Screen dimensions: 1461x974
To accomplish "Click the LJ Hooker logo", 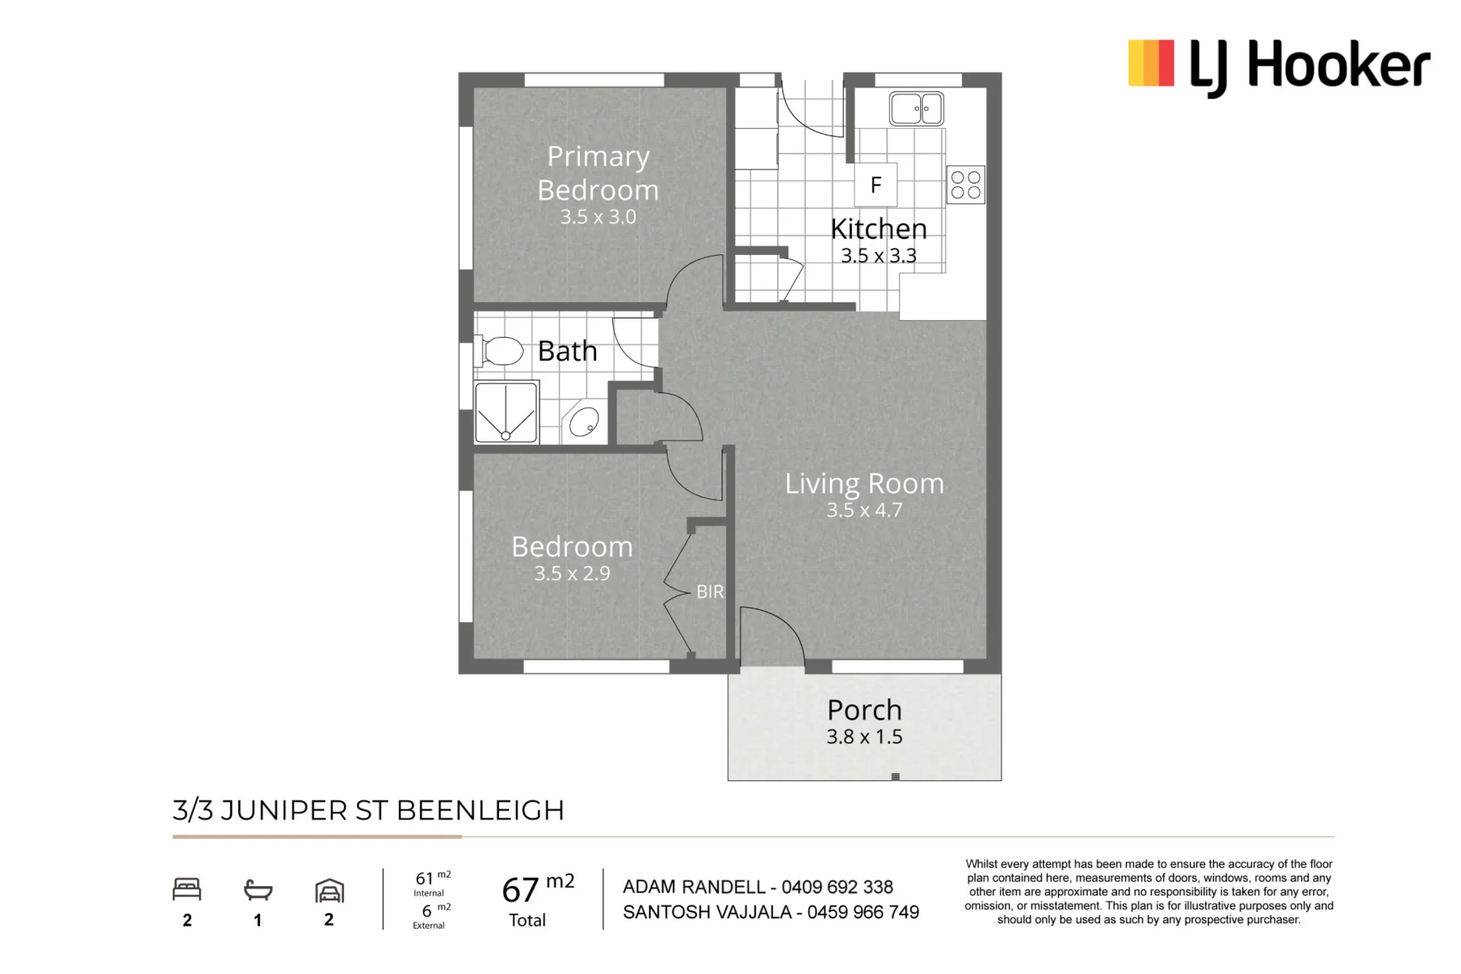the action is [1279, 66].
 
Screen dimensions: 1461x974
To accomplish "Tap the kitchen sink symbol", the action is [916, 109].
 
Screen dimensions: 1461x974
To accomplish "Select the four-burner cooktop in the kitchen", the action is [966, 185].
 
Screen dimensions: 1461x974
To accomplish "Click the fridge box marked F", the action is [876, 185].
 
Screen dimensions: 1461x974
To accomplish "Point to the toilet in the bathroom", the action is [498, 351].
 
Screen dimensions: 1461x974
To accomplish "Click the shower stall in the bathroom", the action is [506, 412].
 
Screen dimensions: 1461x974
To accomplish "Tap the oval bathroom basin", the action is [584, 422].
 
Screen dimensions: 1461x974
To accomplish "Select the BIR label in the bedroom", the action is [710, 592].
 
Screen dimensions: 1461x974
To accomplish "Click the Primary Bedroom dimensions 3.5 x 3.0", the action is [598, 217].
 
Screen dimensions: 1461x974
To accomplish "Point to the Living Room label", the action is [864, 484].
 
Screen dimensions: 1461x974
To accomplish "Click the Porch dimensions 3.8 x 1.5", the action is [864, 737].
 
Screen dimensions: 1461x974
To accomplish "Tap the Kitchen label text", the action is [879, 229].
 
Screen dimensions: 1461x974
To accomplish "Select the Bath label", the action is [568, 351].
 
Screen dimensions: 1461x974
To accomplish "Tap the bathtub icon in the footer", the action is [258, 890].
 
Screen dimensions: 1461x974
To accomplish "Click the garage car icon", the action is [329, 891].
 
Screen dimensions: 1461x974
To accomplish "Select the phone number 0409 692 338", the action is [837, 887].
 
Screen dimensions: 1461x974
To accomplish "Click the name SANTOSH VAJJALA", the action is [707, 912].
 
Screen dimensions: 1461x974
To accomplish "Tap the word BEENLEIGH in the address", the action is [481, 810].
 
